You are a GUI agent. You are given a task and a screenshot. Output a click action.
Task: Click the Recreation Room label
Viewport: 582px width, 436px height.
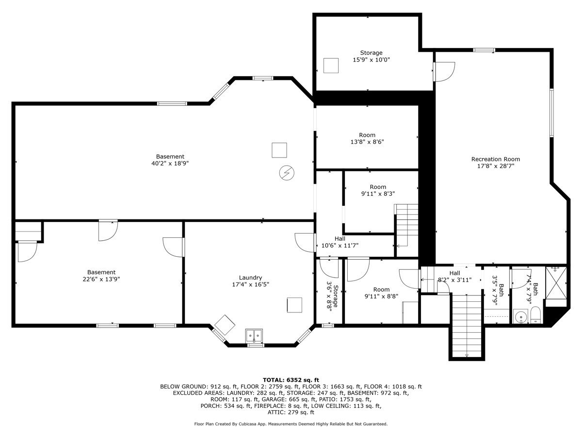[495, 159]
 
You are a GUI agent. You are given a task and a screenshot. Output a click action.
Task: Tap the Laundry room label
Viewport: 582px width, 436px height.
[250, 278]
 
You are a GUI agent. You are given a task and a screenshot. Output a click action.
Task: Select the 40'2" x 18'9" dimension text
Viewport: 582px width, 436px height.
[170, 163]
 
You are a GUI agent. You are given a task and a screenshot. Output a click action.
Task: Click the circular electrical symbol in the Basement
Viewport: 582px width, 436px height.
[287, 173]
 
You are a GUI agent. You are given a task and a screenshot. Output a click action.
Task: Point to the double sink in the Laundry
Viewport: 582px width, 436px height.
[254, 336]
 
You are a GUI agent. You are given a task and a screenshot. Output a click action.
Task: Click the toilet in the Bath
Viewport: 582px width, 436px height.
[535, 315]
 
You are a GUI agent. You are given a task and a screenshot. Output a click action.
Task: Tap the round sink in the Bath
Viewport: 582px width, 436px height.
[520, 317]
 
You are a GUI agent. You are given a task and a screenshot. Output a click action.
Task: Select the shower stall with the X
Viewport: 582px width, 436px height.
[556, 283]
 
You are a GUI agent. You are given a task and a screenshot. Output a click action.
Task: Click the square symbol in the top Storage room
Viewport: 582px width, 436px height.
[331, 65]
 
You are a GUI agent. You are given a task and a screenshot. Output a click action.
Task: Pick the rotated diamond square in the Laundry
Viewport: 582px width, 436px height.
[225, 325]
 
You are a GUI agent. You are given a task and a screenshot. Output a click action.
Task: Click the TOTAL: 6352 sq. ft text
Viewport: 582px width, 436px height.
[291, 380]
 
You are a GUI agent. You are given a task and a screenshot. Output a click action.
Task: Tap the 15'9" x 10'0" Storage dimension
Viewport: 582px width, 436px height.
[371, 60]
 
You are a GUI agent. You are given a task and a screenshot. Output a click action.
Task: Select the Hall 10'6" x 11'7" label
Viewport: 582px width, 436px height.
[340, 242]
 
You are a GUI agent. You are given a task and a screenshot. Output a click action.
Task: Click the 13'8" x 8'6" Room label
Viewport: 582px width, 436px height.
[367, 139]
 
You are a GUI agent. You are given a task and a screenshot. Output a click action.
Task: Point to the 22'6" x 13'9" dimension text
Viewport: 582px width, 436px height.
[101, 279]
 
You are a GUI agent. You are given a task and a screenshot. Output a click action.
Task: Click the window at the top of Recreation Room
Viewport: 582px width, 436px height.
[484, 50]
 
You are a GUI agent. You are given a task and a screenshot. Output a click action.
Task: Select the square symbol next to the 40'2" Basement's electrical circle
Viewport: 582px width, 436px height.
[279, 150]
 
